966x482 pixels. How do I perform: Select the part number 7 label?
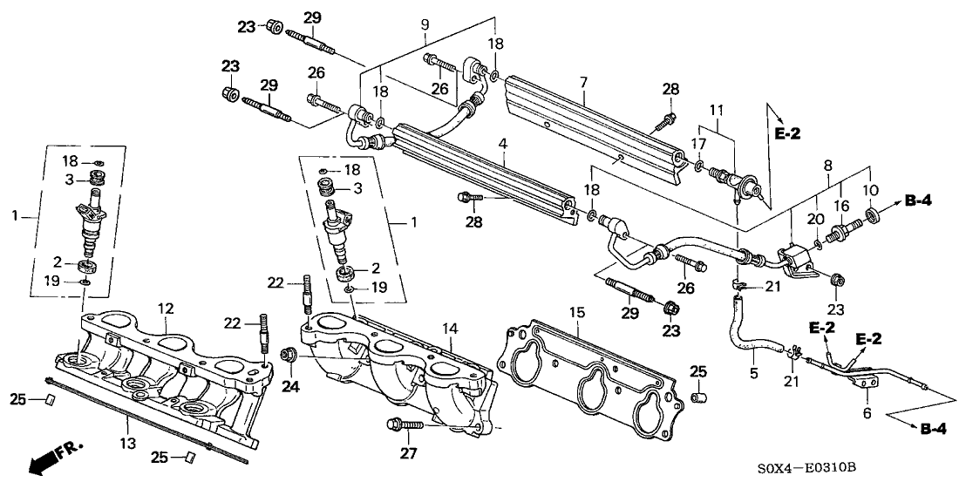584,82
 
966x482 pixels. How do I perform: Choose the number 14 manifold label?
448,328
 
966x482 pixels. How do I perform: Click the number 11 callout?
716,111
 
